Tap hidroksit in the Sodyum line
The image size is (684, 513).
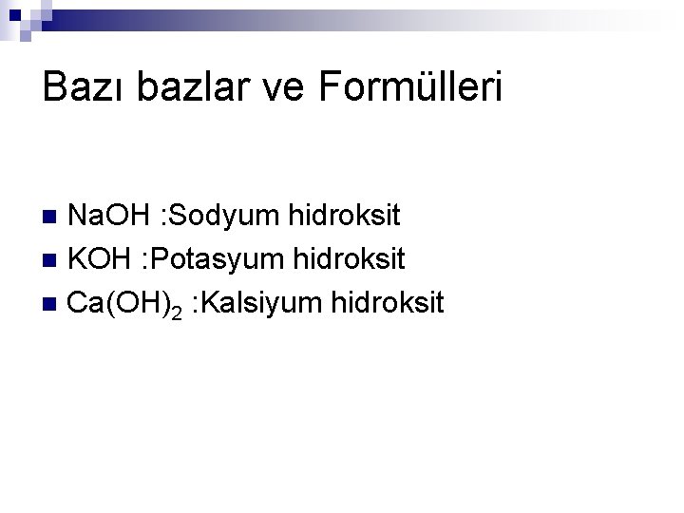(343, 216)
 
